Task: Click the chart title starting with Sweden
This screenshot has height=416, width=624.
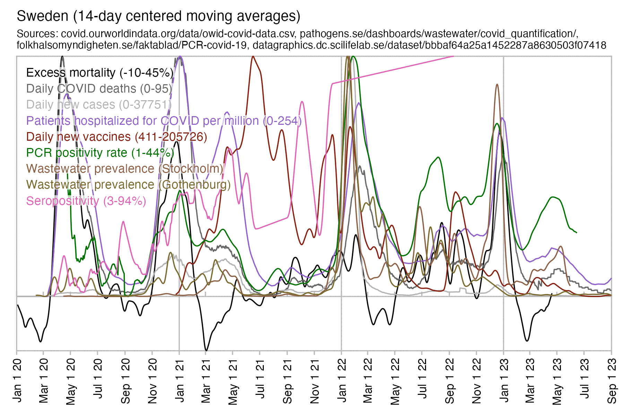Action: pyautogui.click(x=158, y=16)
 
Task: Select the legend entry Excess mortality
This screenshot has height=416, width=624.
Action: pyautogui.click(x=99, y=73)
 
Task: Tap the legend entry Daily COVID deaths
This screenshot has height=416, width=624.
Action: pyautogui.click(x=99, y=89)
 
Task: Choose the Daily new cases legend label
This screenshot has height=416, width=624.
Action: pyautogui.click(x=99, y=105)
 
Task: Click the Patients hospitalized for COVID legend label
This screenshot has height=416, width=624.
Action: pyautogui.click(x=164, y=121)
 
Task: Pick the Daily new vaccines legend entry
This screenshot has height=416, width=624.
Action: pyautogui.click(x=116, y=137)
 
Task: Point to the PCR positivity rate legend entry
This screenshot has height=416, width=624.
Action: pyautogui.click(x=100, y=153)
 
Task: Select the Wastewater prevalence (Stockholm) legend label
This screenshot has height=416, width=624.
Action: pyautogui.click(x=125, y=169)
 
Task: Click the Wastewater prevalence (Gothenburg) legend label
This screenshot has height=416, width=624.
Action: pyautogui.click(x=128, y=185)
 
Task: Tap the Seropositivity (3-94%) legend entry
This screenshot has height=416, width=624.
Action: pyautogui.click(x=86, y=201)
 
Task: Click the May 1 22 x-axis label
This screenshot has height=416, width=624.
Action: pyautogui.click(x=395, y=381)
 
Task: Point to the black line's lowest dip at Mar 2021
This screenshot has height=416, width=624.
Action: pyautogui.click(x=206, y=350)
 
